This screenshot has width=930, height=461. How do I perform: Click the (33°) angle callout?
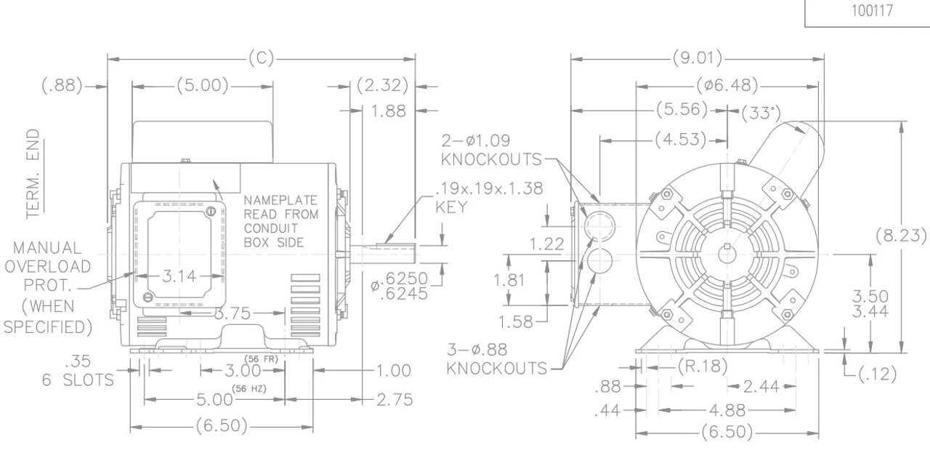point(760,113)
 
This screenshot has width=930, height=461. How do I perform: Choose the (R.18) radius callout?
point(701,366)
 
